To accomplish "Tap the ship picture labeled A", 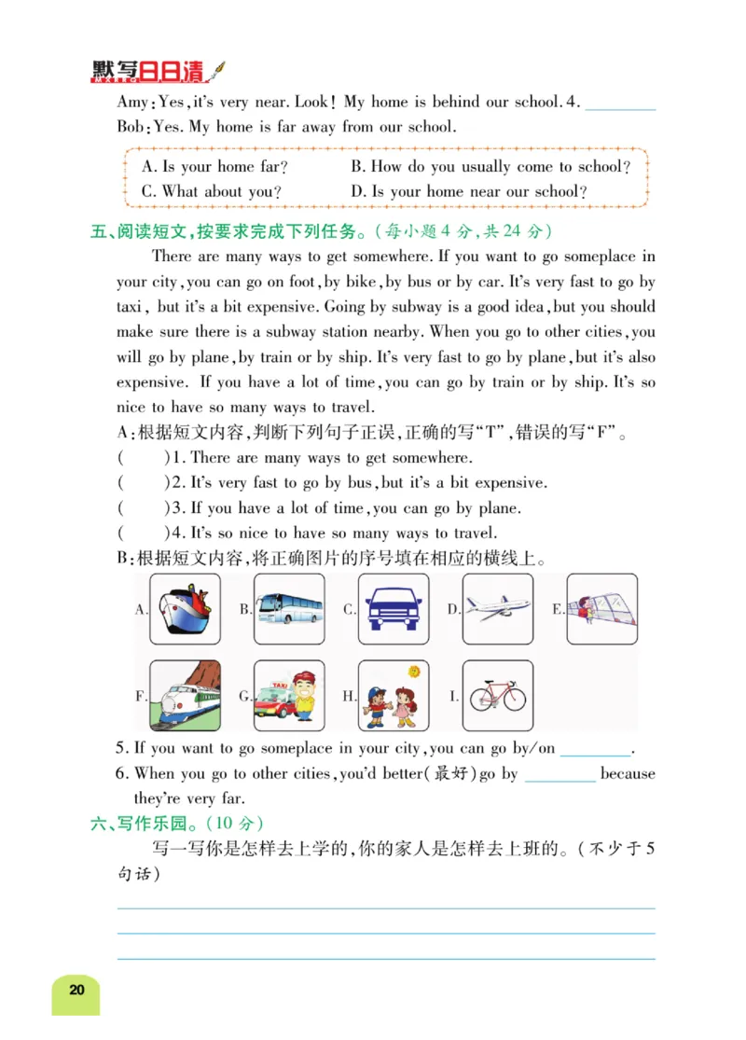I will (185, 609).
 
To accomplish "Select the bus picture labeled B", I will (289, 609).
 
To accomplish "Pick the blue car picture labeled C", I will (394, 609).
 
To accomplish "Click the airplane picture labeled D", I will (498, 609).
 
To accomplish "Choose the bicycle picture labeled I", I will (498, 697).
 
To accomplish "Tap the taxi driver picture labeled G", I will (289, 697).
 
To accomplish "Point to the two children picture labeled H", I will (394, 697).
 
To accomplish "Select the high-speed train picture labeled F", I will (185, 697).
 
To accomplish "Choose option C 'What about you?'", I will (212, 192).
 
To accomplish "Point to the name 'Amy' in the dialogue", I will (131, 103).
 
